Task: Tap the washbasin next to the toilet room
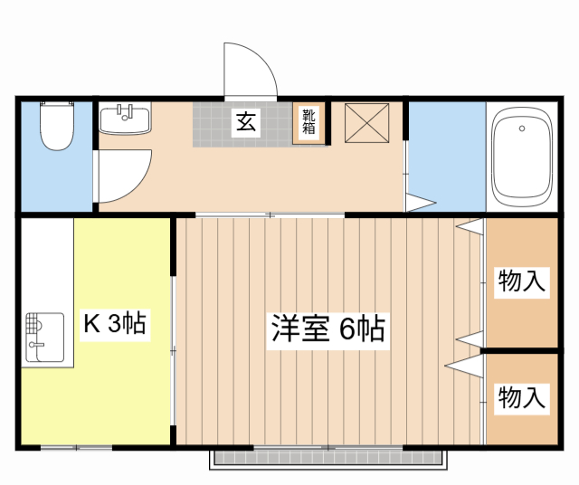coord(124,119)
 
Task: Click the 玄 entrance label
coord(245,122)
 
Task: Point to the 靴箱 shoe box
coord(309,122)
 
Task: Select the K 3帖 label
coord(116,323)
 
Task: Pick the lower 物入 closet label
coord(522,396)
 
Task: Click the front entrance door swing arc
coord(250,68)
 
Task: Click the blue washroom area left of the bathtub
coord(446,156)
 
